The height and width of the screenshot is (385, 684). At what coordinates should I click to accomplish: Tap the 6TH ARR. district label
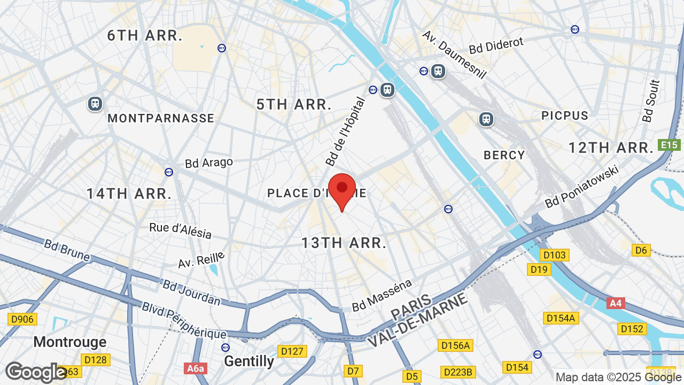pos(145,36)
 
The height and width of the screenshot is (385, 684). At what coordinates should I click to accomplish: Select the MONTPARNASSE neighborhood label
pos(161,118)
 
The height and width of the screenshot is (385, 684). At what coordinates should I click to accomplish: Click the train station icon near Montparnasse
pos(95,103)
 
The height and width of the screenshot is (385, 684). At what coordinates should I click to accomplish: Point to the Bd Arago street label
pos(209,163)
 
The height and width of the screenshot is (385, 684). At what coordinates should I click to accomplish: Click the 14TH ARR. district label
pos(129,194)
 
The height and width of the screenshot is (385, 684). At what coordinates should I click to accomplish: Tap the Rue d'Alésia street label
pos(180,230)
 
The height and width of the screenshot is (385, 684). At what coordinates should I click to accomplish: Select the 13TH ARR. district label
pos(344,243)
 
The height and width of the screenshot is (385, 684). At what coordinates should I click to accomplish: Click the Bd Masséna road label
pos(382,295)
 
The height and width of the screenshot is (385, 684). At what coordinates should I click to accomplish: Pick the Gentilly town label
pos(249,361)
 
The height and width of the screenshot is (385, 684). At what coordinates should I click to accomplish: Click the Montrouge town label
pos(70,342)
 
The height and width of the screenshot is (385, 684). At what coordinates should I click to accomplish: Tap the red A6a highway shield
pos(195,368)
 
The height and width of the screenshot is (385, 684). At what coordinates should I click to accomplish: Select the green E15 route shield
pos(669,145)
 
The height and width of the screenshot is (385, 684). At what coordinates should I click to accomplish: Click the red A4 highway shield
pos(616,303)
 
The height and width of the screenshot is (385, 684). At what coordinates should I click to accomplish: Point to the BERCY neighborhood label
pos(504,155)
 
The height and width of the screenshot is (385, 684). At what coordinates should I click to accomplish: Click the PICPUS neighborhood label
pos(564,115)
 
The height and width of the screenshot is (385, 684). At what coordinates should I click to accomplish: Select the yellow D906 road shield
pos(22,319)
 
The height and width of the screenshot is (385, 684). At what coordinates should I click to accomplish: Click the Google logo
pos(36,372)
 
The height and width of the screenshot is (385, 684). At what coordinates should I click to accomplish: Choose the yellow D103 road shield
pos(554,255)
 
